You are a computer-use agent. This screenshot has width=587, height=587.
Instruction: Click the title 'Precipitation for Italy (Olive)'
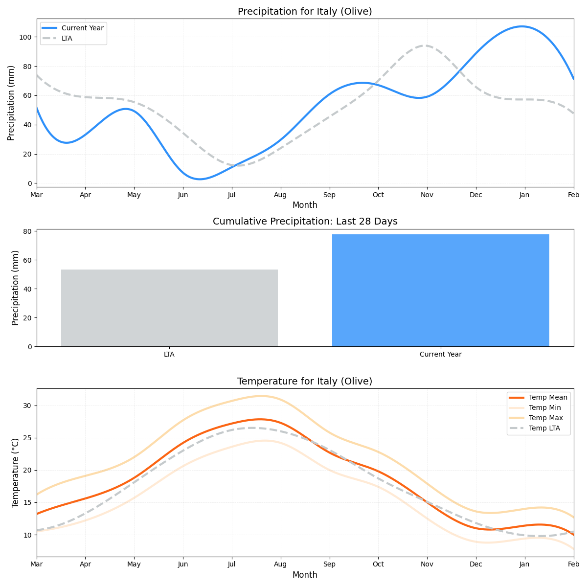click(x=305, y=12)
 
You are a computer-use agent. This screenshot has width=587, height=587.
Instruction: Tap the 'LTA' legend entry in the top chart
click(x=67, y=38)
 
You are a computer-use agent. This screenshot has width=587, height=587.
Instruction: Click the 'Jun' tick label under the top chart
click(x=183, y=195)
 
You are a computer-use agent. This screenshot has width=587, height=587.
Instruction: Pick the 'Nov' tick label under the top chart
click(x=427, y=195)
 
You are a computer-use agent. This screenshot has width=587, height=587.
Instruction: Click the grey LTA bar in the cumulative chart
click(x=169, y=308)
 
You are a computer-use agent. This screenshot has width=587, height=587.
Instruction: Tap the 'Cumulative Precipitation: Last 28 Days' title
click(x=305, y=222)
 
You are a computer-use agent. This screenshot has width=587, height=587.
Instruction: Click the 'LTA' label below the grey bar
click(x=169, y=354)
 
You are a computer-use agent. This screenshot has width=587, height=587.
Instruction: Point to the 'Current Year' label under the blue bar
click(x=440, y=354)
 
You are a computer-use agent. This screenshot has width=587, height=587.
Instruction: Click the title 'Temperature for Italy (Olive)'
click(x=305, y=382)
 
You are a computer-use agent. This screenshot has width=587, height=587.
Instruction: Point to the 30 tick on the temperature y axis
click(x=28, y=406)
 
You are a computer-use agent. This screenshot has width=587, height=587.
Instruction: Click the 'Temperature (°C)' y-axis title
click(x=15, y=473)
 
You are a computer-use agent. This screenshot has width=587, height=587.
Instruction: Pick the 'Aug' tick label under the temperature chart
click(x=280, y=564)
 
